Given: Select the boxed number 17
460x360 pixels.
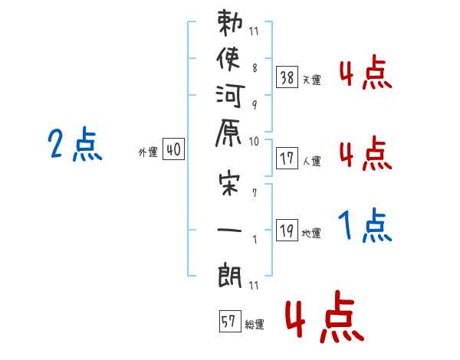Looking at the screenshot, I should pos(287,159).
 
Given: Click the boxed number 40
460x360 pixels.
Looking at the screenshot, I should pos(173,150).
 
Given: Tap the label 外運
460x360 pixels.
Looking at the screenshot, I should pos(148,152).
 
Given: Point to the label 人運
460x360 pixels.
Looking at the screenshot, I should pos(311,161).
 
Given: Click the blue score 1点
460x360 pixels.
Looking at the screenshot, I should pos(365,227).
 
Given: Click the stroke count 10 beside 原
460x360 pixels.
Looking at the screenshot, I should pos(255,141).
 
